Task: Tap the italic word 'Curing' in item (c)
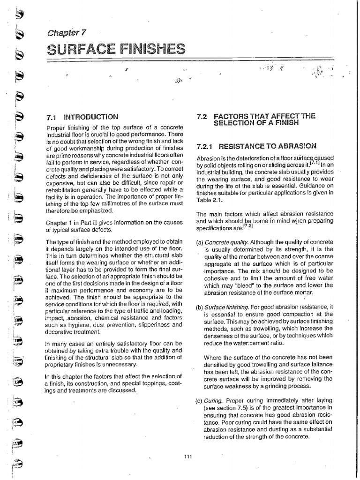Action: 214,401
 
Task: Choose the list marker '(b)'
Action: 199,307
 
